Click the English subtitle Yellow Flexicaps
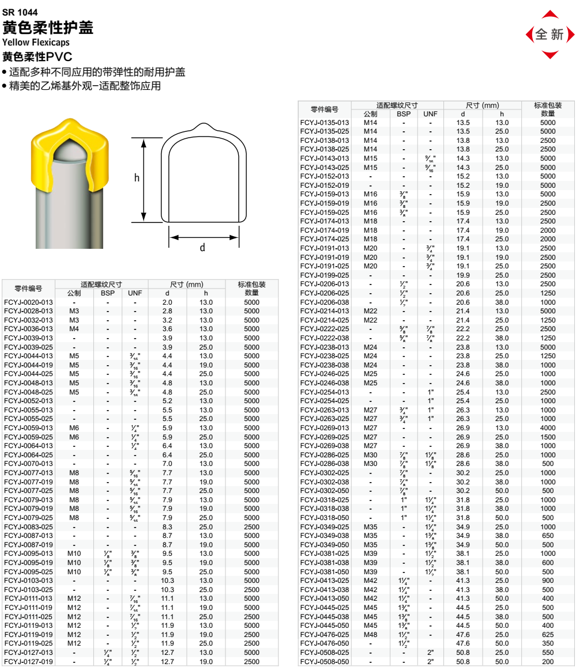click(x=36, y=43)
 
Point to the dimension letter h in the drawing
click(x=137, y=178)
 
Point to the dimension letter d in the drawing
click(x=202, y=248)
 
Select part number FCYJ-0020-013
click(x=28, y=302)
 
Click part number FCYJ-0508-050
click(x=325, y=662)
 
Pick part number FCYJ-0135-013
click(x=325, y=123)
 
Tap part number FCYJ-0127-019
click(x=28, y=662)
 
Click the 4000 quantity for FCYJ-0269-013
click(x=548, y=428)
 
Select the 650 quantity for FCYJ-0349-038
click(x=548, y=536)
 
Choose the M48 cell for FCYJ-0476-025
click(x=370, y=635)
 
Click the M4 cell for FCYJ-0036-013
click(x=74, y=329)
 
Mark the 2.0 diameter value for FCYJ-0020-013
click(x=167, y=302)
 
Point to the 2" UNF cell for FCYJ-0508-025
click(x=430, y=653)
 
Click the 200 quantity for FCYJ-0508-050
click(x=548, y=662)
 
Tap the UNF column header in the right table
click(x=430, y=114)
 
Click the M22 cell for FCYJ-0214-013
click(x=370, y=311)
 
